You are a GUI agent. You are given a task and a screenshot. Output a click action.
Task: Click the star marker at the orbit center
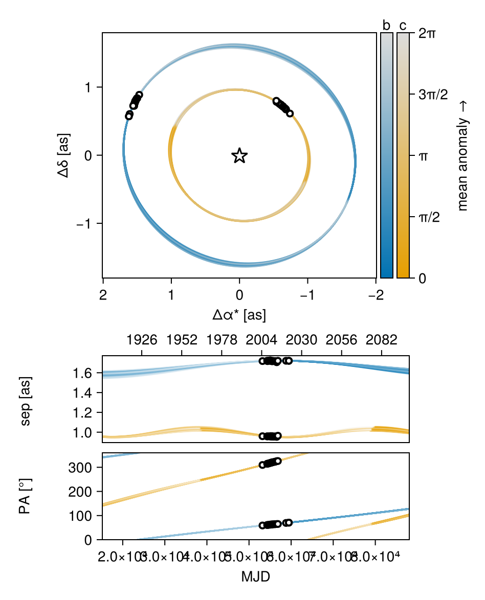(x=239, y=156)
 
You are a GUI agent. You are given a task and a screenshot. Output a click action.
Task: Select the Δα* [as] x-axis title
(x=239, y=315)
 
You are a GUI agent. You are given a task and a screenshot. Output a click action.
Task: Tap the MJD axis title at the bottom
(x=255, y=578)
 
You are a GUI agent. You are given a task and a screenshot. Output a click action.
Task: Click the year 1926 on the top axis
(x=142, y=340)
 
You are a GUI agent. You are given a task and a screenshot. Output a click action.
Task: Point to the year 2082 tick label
(x=382, y=340)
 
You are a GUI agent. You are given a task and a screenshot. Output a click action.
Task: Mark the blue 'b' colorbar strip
(x=386, y=156)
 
